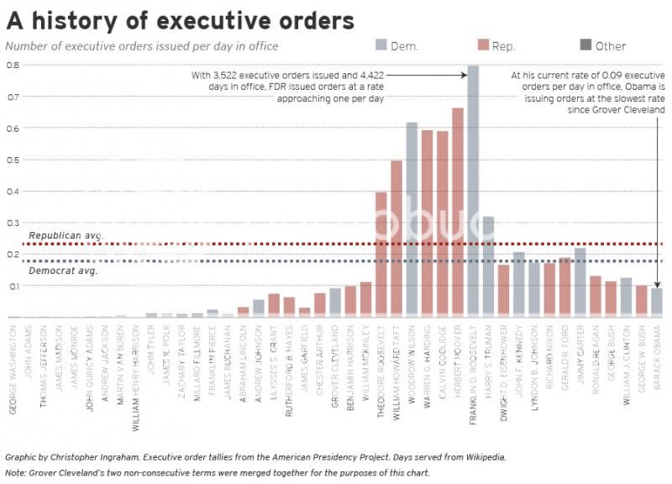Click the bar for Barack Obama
pos(657,303)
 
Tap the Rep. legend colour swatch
pos(483,45)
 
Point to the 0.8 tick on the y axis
pos(12,65)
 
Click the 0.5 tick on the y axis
pos(12,160)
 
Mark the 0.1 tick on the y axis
pos(12,287)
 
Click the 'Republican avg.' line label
pos(66,235)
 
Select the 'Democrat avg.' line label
pos(63,271)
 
